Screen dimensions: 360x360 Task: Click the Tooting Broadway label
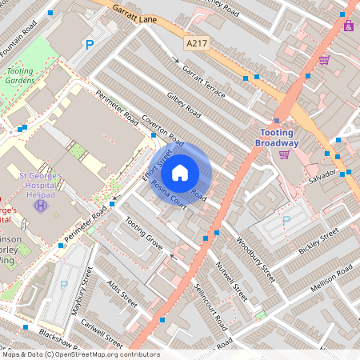(279, 138)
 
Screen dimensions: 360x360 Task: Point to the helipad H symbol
(40, 206)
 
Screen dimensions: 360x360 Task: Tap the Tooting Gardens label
(19, 76)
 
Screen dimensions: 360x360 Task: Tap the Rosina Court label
(169, 194)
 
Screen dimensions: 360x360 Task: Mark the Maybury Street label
(78, 296)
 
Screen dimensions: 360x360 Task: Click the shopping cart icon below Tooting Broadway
(285, 154)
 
